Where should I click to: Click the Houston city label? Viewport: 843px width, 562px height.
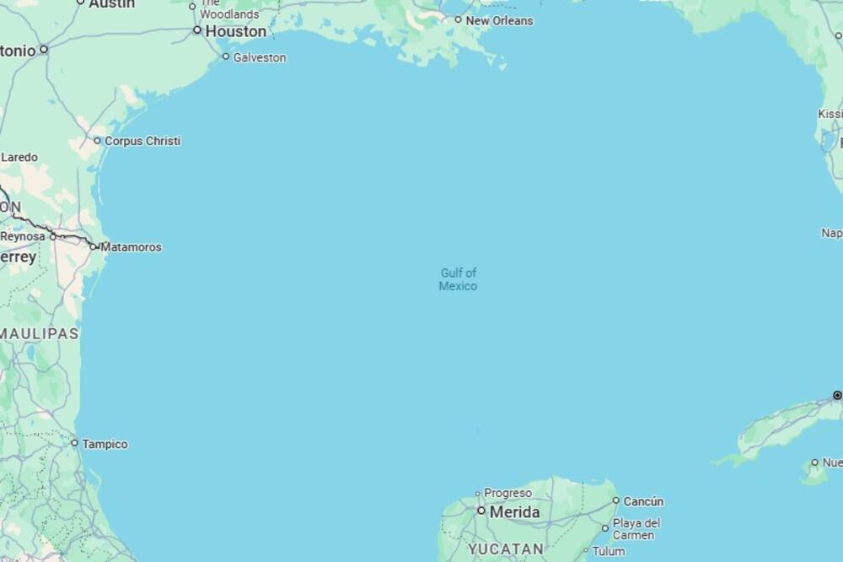[236, 31]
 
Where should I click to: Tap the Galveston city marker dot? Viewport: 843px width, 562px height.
[226, 57]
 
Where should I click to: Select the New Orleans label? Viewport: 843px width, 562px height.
[499, 20]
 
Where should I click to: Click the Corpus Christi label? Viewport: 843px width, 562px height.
[142, 141]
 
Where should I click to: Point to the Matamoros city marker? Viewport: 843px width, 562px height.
[94, 246]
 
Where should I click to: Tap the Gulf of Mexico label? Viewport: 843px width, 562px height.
[458, 279]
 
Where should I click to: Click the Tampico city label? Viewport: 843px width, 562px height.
[105, 444]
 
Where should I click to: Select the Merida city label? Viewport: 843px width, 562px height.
[514, 512]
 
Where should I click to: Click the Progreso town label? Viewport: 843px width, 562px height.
[507, 493]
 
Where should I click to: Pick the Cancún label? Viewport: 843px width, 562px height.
[643, 501]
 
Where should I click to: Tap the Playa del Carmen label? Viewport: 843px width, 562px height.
[636, 529]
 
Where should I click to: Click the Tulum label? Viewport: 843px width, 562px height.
[609, 552]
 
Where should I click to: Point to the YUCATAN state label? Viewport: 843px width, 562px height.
[506, 549]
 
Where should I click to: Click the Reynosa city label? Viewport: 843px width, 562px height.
[23, 236]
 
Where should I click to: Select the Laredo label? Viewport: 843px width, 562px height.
[19, 157]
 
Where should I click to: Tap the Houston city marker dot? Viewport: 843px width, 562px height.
[197, 30]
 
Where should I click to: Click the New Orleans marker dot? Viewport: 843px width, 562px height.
[458, 19]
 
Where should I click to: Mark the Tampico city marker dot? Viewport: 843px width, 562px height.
[74, 443]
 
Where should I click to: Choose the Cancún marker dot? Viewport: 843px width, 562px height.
[615, 500]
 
